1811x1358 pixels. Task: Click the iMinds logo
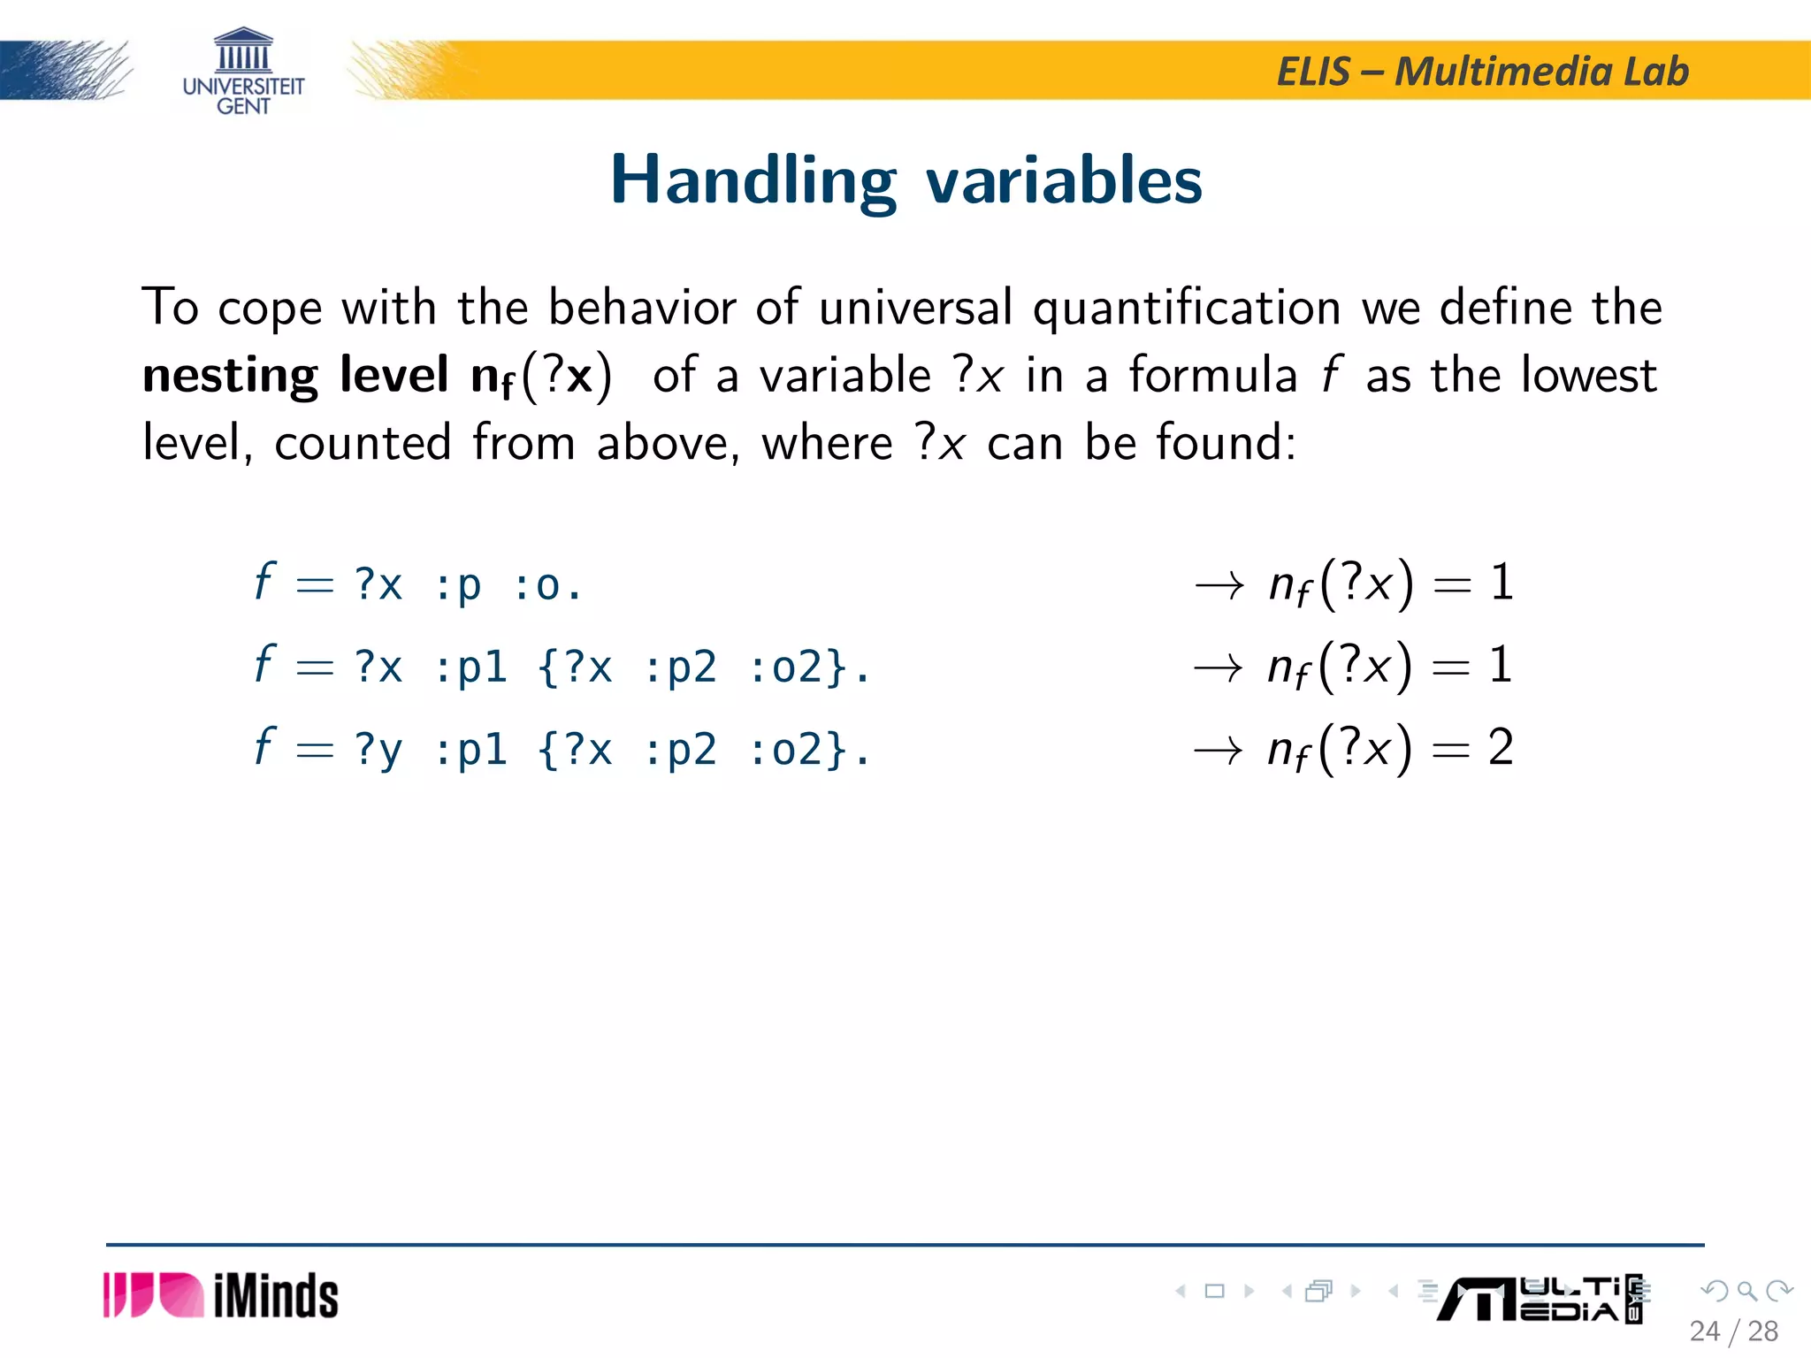pos(221,1296)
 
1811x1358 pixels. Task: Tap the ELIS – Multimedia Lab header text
pos(1482,72)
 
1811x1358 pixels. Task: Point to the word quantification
pos(1187,309)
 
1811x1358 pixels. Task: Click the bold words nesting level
pos(295,375)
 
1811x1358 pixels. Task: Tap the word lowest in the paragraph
pos(1588,375)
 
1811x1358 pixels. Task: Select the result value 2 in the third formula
pos(1501,748)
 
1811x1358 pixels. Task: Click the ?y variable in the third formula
pos(378,750)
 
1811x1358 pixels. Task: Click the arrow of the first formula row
pos(1219,585)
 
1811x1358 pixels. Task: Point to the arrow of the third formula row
pos(1219,751)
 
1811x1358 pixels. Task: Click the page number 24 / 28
pos(1733,1331)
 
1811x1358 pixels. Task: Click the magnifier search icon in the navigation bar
pos(1746,1292)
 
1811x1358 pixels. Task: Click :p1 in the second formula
pos(470,668)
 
